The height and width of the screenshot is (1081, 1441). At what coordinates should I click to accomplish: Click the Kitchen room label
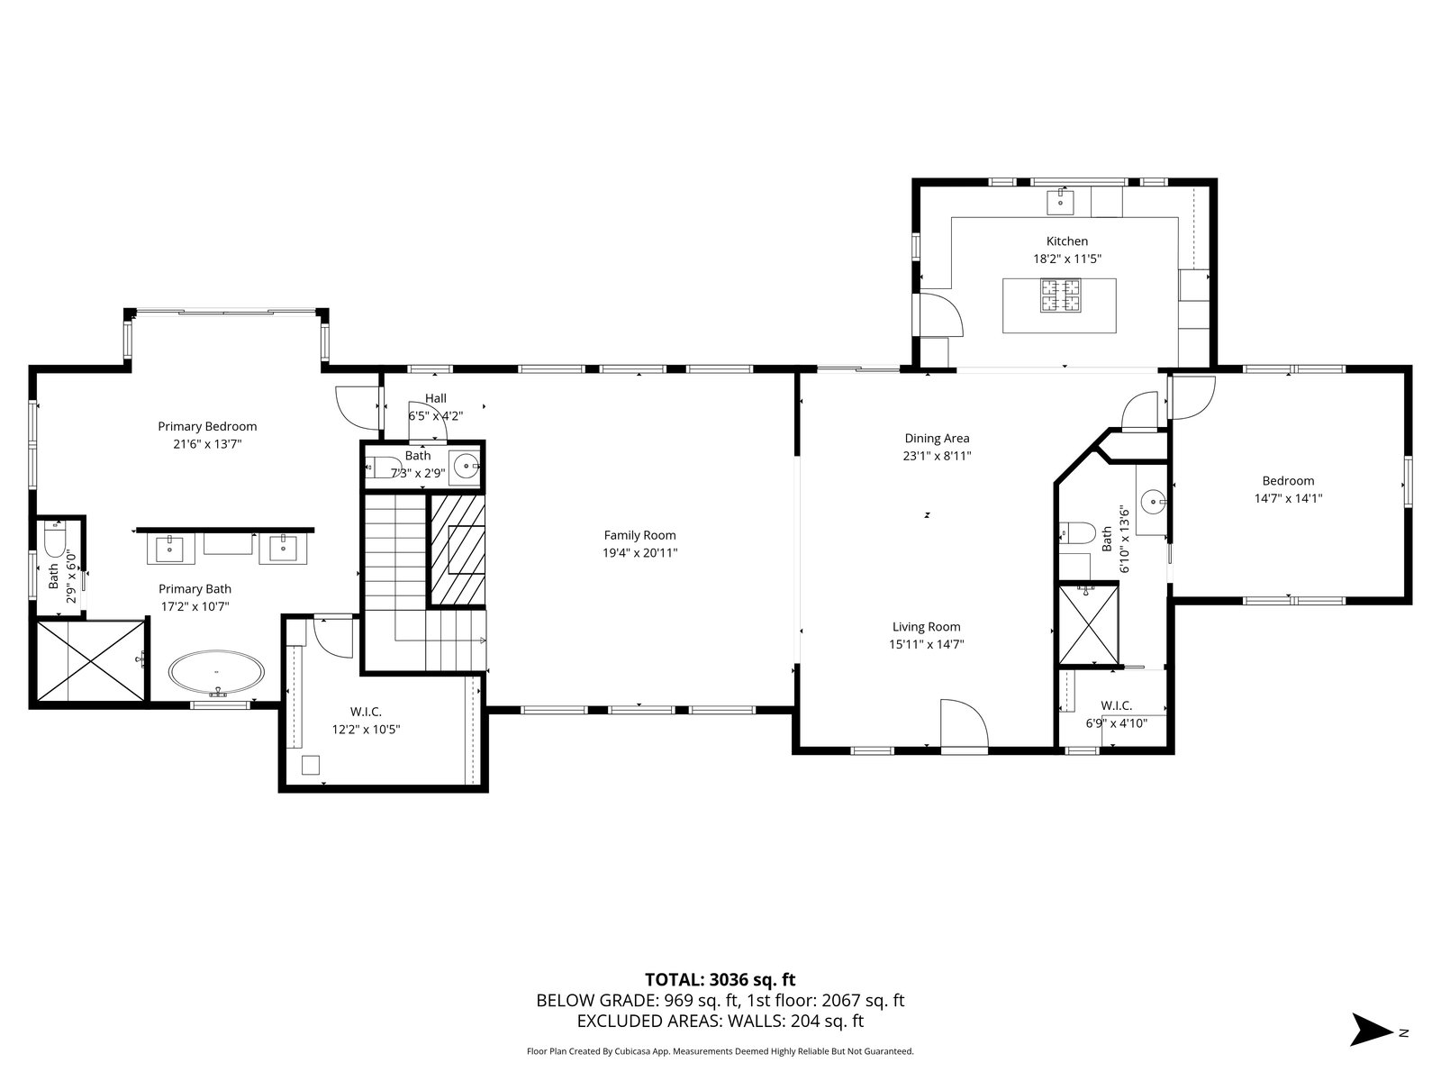click(1067, 241)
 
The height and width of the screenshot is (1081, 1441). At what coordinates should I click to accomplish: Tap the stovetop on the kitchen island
click(1059, 295)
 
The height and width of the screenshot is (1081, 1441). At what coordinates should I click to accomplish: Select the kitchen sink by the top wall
click(1060, 202)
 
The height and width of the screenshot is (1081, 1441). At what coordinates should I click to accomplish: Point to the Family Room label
click(639, 536)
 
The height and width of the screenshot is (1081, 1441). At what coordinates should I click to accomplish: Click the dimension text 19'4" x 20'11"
click(639, 553)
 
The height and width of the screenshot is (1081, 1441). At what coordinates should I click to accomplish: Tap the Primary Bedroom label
click(207, 427)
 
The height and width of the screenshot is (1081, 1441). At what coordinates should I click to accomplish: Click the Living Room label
click(927, 627)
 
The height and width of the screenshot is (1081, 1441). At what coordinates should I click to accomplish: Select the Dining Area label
click(937, 439)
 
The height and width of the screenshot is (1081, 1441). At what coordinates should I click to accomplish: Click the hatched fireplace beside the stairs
click(457, 550)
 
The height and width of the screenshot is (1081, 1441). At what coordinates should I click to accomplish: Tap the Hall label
click(435, 398)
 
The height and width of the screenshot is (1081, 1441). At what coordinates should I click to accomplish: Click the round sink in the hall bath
click(467, 468)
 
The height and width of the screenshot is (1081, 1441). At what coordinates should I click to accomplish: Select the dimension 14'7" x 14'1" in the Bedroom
click(1288, 498)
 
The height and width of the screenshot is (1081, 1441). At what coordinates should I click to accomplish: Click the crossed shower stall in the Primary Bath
click(91, 661)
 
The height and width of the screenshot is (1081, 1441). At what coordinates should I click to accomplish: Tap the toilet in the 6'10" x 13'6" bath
click(1077, 533)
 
